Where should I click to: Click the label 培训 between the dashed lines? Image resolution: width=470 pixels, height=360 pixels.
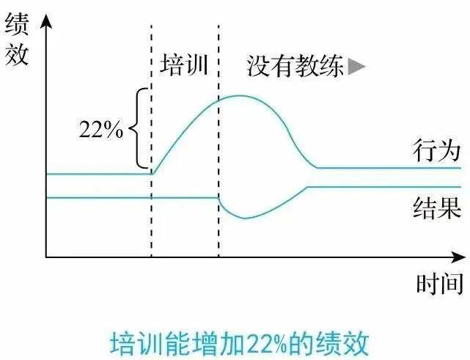coord(184,65)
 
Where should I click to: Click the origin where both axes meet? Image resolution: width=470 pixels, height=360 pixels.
coord(46,257)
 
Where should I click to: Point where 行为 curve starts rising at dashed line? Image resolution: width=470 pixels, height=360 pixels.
coord(151,174)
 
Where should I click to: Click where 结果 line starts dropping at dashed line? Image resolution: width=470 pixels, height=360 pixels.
coord(219,197)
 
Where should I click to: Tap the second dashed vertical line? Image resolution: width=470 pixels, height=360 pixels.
coord(219,147)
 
